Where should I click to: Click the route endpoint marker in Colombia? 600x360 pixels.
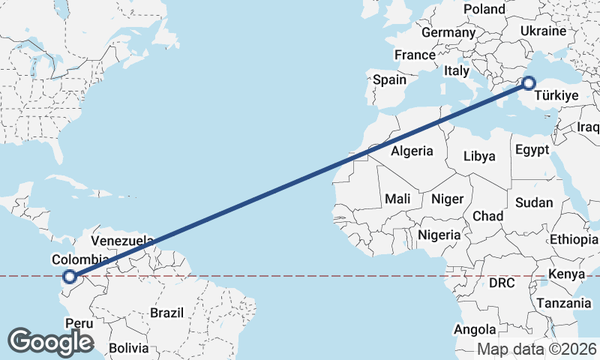[69, 277]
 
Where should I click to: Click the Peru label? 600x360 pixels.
[79, 324]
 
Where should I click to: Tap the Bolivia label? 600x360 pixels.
[129, 349]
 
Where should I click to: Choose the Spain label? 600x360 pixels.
[389, 79]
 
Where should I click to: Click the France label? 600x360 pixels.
[415, 55]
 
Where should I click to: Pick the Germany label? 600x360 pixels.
[448, 33]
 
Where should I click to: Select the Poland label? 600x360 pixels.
[484, 9]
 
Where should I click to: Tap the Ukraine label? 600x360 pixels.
[543, 31]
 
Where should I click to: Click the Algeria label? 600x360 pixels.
[412, 151]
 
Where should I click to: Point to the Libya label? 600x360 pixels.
[480, 157]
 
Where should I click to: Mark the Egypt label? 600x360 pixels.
[533, 149]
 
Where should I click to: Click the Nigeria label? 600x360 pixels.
[439, 235]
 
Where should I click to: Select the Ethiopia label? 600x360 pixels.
[574, 239]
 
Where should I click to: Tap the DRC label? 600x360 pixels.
[502, 283]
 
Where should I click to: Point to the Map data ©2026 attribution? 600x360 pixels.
[537, 349]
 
